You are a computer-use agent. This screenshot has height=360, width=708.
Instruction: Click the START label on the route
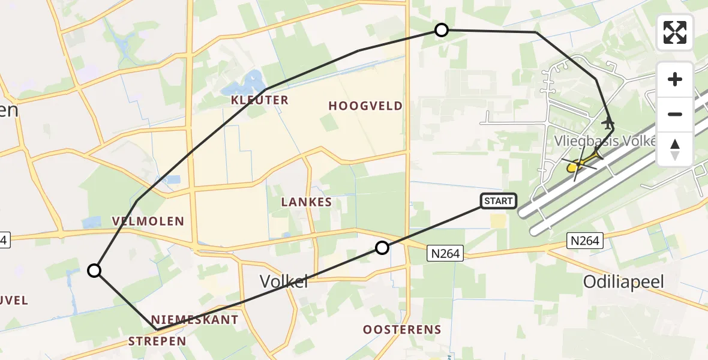pyautogui.click(x=498, y=201)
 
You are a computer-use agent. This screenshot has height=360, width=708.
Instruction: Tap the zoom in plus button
pyautogui.click(x=675, y=79)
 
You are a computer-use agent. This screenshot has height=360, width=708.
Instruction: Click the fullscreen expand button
pyautogui.click(x=675, y=32)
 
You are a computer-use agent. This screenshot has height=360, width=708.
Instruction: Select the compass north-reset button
pyautogui.click(x=675, y=149)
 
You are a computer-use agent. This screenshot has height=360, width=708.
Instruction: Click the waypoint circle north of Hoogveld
pyautogui.click(x=442, y=30)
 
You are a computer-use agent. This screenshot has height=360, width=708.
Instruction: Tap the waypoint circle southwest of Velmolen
pyautogui.click(x=94, y=271)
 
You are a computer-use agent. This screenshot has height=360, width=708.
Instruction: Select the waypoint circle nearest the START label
pyautogui.click(x=382, y=247)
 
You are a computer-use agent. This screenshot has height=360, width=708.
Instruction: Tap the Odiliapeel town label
pyautogui.click(x=625, y=281)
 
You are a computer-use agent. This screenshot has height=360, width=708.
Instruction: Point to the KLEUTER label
pyautogui.click(x=260, y=100)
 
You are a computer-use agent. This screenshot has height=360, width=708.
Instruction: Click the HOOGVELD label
pyautogui.click(x=365, y=106)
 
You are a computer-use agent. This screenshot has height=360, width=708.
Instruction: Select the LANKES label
pyautogui.click(x=307, y=203)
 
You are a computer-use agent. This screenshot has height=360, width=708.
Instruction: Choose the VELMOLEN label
pyautogui.click(x=148, y=221)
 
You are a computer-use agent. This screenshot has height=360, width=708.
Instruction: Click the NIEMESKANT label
pyautogui.click(x=194, y=320)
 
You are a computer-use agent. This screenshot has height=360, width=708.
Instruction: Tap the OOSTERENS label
pyautogui.click(x=402, y=329)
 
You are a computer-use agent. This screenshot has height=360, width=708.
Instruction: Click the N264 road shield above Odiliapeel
pyautogui.click(x=584, y=241)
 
